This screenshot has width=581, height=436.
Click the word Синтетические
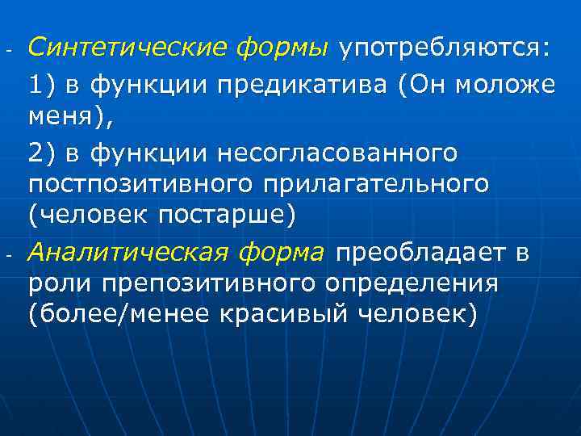click(128, 48)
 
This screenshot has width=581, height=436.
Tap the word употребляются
click(443, 48)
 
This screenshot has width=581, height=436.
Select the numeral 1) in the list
click(43, 84)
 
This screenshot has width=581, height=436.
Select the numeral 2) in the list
click(43, 152)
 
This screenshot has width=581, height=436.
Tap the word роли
click(56, 286)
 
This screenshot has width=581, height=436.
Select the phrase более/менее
click(120, 317)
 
